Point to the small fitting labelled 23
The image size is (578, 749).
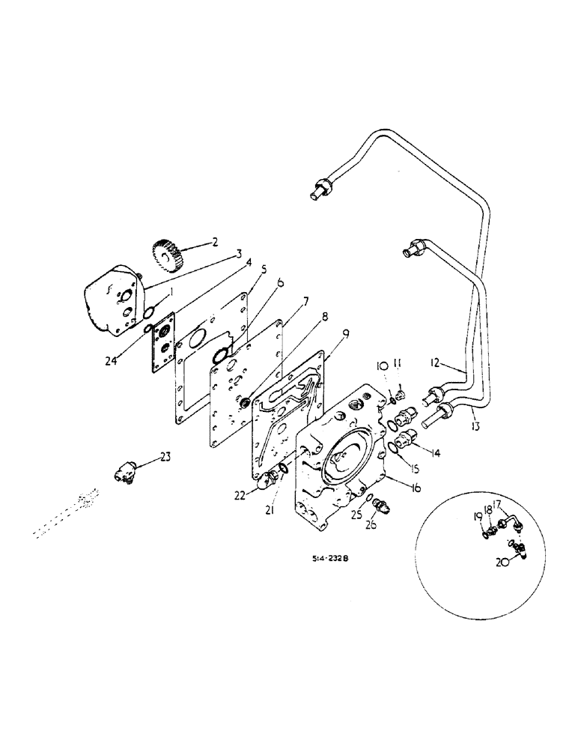point(123,473)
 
